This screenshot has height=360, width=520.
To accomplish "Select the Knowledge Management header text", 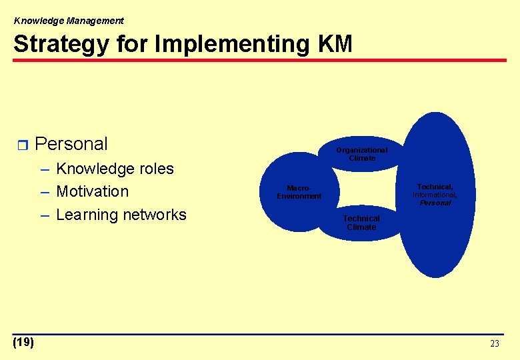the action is pyautogui.click(x=69, y=21).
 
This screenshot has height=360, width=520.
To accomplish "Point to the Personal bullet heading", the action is pyautogui.click(x=71, y=144).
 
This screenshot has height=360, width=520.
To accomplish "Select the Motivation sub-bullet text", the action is pyautogui.click(x=92, y=191).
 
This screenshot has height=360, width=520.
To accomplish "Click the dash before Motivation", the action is pyautogui.click(x=45, y=192).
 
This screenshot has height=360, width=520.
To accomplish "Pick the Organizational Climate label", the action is pyautogui.click(x=361, y=154).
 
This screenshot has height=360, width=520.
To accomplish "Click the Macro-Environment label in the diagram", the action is pyautogui.click(x=299, y=192).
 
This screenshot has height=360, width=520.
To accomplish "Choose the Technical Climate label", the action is pyautogui.click(x=361, y=223).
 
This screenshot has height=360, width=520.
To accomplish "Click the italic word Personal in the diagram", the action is pyautogui.click(x=435, y=203).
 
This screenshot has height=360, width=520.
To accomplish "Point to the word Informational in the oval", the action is pyautogui.click(x=435, y=195).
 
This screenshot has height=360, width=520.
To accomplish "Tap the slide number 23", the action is pyautogui.click(x=494, y=344).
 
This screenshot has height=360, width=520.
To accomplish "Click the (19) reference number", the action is pyautogui.click(x=23, y=343).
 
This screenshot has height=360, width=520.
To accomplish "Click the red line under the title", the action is pyautogui.click(x=260, y=61).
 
